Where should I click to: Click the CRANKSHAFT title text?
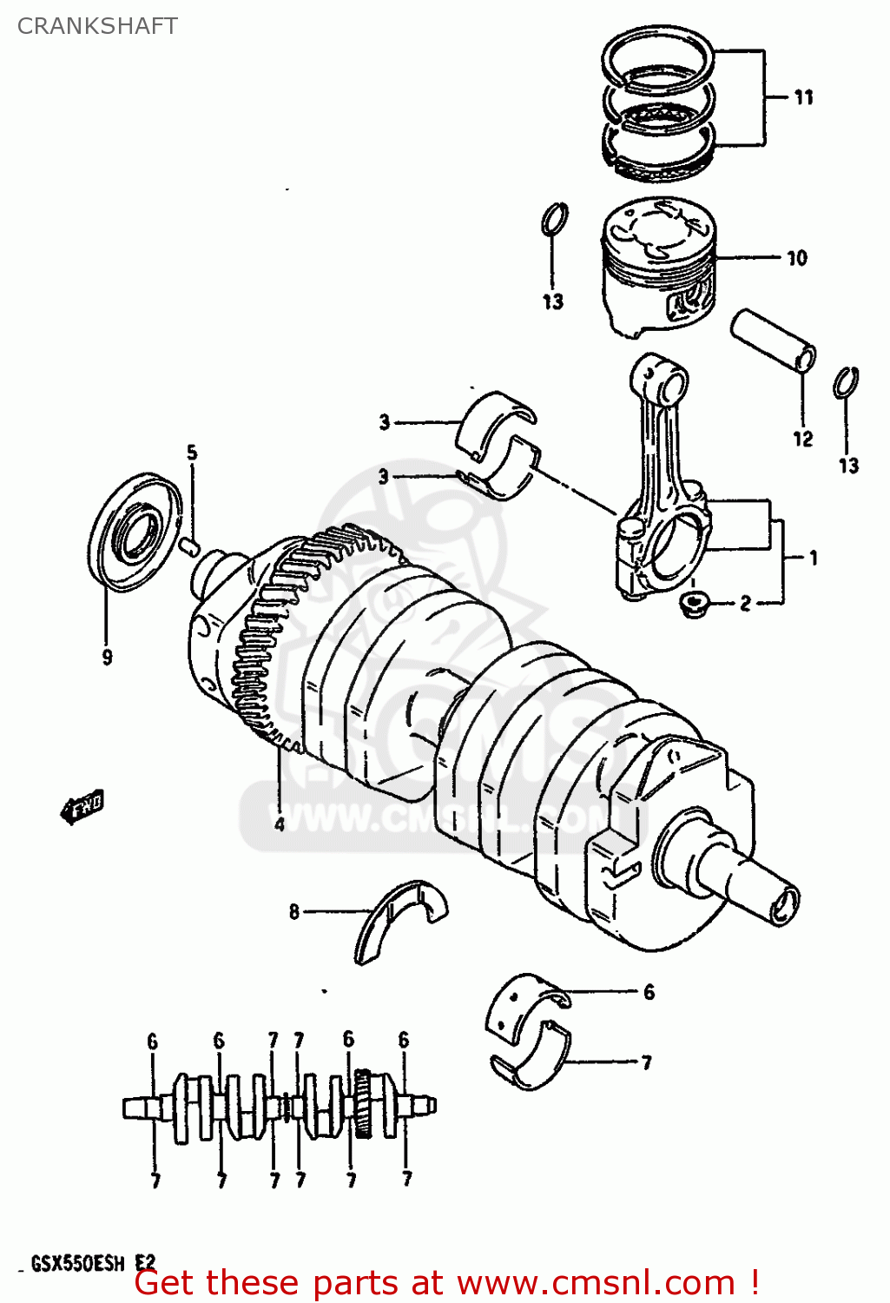97,26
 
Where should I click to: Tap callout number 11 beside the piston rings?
804,97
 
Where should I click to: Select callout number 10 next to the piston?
796,258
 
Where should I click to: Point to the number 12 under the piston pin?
802,439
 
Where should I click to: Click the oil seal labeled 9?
135,532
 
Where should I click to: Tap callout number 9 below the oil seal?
107,657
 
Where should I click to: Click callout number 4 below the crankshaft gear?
280,823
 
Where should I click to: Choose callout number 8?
294,911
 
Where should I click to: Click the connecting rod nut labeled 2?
693,603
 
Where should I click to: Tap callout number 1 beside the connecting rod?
813,558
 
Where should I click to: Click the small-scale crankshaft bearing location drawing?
280,1108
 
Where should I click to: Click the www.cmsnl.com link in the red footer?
596,1283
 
